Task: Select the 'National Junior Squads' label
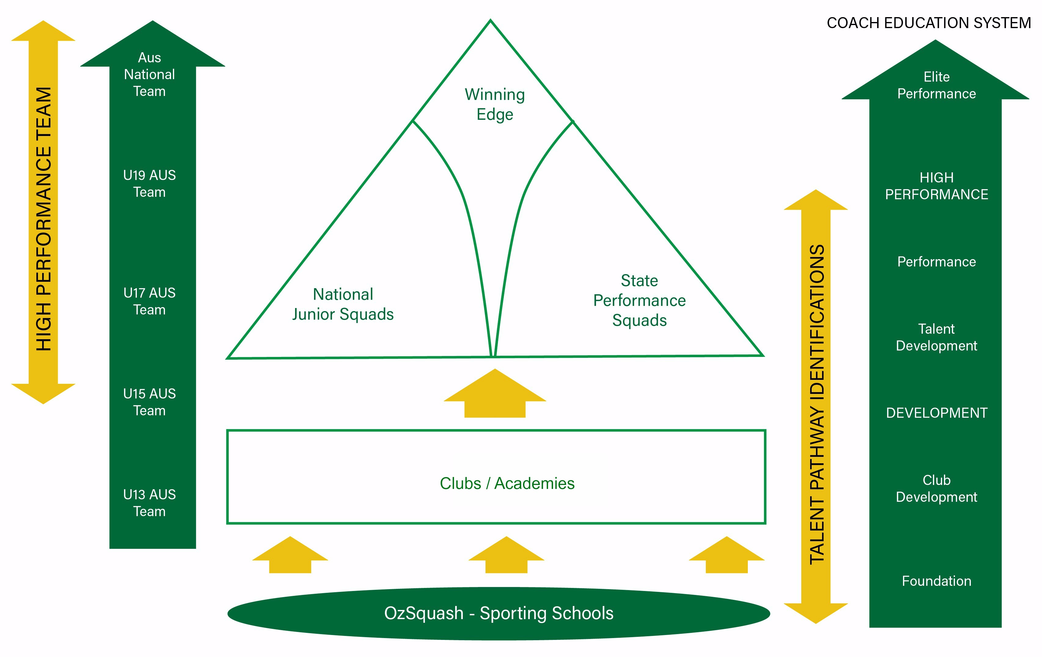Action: (x=343, y=304)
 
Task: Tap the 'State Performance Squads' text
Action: (x=639, y=300)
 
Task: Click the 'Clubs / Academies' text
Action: (x=507, y=483)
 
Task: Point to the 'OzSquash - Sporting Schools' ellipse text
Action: (x=499, y=613)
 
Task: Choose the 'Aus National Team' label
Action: (x=149, y=75)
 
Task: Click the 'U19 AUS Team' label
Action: (x=149, y=184)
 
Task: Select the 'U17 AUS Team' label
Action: (x=149, y=301)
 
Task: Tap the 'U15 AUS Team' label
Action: (x=149, y=402)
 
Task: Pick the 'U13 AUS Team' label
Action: (x=149, y=503)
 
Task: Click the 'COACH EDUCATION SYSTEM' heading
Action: (x=929, y=23)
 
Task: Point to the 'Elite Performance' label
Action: (x=936, y=85)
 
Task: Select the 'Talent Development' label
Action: (x=936, y=337)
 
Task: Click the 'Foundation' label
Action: (x=936, y=581)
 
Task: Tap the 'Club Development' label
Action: (x=936, y=489)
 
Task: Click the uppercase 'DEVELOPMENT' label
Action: (x=936, y=413)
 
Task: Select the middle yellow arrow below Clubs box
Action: (x=506, y=556)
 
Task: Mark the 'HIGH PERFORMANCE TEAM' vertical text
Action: (x=44, y=218)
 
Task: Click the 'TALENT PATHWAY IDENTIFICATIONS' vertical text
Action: (x=817, y=405)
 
